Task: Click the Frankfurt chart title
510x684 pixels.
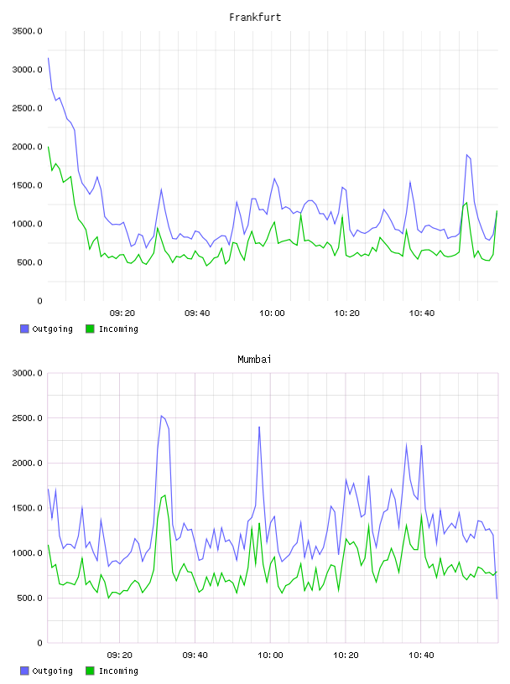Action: point(255,17)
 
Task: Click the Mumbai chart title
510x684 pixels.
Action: point(254,359)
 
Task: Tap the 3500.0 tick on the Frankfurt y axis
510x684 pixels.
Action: point(27,31)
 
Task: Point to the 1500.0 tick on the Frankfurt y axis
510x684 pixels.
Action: point(27,185)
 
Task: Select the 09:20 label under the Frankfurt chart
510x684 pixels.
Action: point(122,313)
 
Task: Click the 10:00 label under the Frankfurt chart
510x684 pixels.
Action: point(272,313)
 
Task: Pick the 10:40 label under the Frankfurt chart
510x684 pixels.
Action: point(422,313)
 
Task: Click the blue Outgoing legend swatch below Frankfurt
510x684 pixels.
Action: point(24,329)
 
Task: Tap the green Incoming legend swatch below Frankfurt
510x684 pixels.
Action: point(90,329)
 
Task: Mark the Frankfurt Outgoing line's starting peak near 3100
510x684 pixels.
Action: point(48,58)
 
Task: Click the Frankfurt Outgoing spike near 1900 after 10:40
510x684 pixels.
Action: point(466,154)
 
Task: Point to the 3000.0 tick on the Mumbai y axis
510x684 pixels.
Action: point(27,373)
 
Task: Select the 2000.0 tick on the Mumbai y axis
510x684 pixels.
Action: point(27,463)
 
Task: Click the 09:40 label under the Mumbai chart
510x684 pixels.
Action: point(195,655)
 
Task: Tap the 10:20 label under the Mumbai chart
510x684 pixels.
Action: point(346,655)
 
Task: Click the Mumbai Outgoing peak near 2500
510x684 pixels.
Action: point(161,416)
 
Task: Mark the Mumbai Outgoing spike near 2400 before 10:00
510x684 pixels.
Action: point(259,427)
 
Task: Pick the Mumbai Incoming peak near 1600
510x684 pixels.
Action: point(165,495)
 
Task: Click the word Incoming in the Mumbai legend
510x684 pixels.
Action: point(118,671)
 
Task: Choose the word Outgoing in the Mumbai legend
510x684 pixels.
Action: point(52,671)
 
